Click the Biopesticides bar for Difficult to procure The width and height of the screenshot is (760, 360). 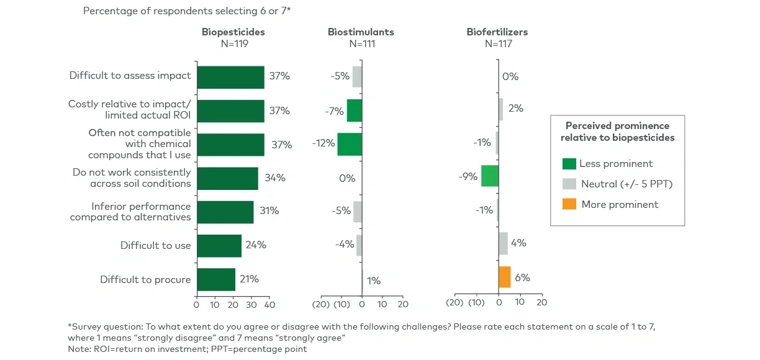(x=216, y=279)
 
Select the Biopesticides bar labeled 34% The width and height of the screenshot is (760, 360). (x=227, y=178)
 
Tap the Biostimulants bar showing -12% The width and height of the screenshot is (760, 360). (x=350, y=144)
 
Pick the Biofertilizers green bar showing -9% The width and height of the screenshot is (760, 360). (x=490, y=176)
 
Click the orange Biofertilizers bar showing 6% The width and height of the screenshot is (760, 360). (x=504, y=277)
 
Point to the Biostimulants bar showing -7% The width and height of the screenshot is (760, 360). (x=355, y=110)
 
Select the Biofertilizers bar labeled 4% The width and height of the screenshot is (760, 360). (x=503, y=243)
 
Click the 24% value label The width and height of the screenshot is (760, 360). (x=256, y=245)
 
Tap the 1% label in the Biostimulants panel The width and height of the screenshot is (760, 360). (x=374, y=281)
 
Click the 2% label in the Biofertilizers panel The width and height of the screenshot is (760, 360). (x=515, y=108)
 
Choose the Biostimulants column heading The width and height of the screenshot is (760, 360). (x=361, y=32)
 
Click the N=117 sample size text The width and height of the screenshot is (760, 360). (x=497, y=44)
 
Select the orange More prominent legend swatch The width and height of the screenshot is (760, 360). (x=569, y=204)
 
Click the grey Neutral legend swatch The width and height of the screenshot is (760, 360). (x=569, y=184)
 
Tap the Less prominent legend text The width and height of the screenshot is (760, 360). (x=616, y=164)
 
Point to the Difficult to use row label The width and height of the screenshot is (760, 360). (x=156, y=246)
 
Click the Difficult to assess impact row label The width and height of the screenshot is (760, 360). (x=130, y=76)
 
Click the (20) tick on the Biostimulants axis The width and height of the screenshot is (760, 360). (x=320, y=305)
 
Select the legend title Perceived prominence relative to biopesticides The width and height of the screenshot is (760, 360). (x=617, y=132)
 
